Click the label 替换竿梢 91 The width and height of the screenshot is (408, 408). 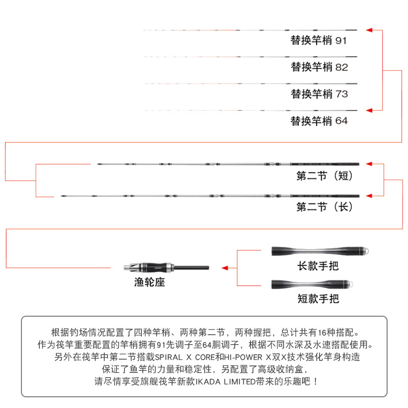(x=318, y=41)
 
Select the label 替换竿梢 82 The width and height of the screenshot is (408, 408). (x=319, y=67)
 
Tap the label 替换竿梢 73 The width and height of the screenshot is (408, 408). (x=319, y=94)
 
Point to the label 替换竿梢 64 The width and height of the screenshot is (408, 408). (x=319, y=121)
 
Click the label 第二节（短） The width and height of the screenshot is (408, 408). (x=324, y=176)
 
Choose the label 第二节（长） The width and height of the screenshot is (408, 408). (x=324, y=207)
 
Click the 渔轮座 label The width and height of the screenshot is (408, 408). (x=149, y=282)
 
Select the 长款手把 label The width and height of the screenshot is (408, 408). (x=318, y=266)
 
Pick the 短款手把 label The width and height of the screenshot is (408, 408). (x=318, y=298)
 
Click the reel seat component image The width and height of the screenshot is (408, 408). (x=166, y=267)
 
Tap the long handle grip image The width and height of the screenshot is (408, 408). (x=320, y=251)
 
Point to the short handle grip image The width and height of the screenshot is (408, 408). (x=312, y=284)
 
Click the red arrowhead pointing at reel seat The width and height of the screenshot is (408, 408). (x=225, y=268)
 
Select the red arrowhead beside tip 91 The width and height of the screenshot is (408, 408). (x=369, y=30)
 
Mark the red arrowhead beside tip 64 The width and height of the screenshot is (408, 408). (x=369, y=110)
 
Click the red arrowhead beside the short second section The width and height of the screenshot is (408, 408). (x=369, y=164)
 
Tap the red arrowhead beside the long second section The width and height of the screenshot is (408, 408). (x=369, y=196)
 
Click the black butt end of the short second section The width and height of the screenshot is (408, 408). (x=325, y=164)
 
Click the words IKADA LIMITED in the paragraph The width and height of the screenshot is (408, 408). (x=225, y=381)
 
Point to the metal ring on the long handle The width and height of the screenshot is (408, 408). (x=366, y=251)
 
